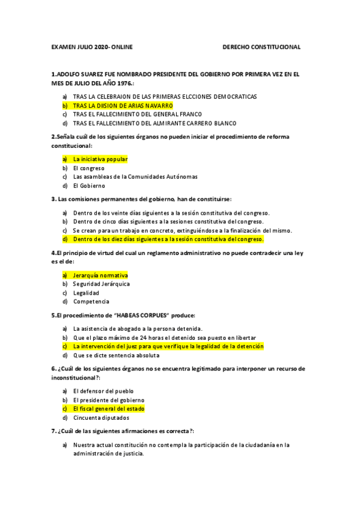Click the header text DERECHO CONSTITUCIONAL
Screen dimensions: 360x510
[x=261, y=47]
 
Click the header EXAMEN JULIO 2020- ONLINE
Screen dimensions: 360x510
[x=92, y=47]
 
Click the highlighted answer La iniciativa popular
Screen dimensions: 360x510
[x=100, y=159]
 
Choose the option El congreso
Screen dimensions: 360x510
[x=89, y=168]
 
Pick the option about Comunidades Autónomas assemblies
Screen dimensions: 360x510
[x=135, y=177]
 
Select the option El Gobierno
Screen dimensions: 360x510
[x=89, y=186]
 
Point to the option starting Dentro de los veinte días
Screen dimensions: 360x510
[x=171, y=213]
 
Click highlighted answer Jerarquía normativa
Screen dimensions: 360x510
[x=100, y=275]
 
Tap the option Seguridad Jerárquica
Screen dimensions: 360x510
[x=102, y=284]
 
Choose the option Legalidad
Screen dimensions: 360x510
[x=87, y=293]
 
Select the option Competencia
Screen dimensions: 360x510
[x=91, y=301]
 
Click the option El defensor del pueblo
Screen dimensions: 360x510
[x=103, y=391]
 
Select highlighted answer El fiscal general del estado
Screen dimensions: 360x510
[x=109, y=408]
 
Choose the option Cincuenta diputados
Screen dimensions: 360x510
[x=100, y=417]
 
